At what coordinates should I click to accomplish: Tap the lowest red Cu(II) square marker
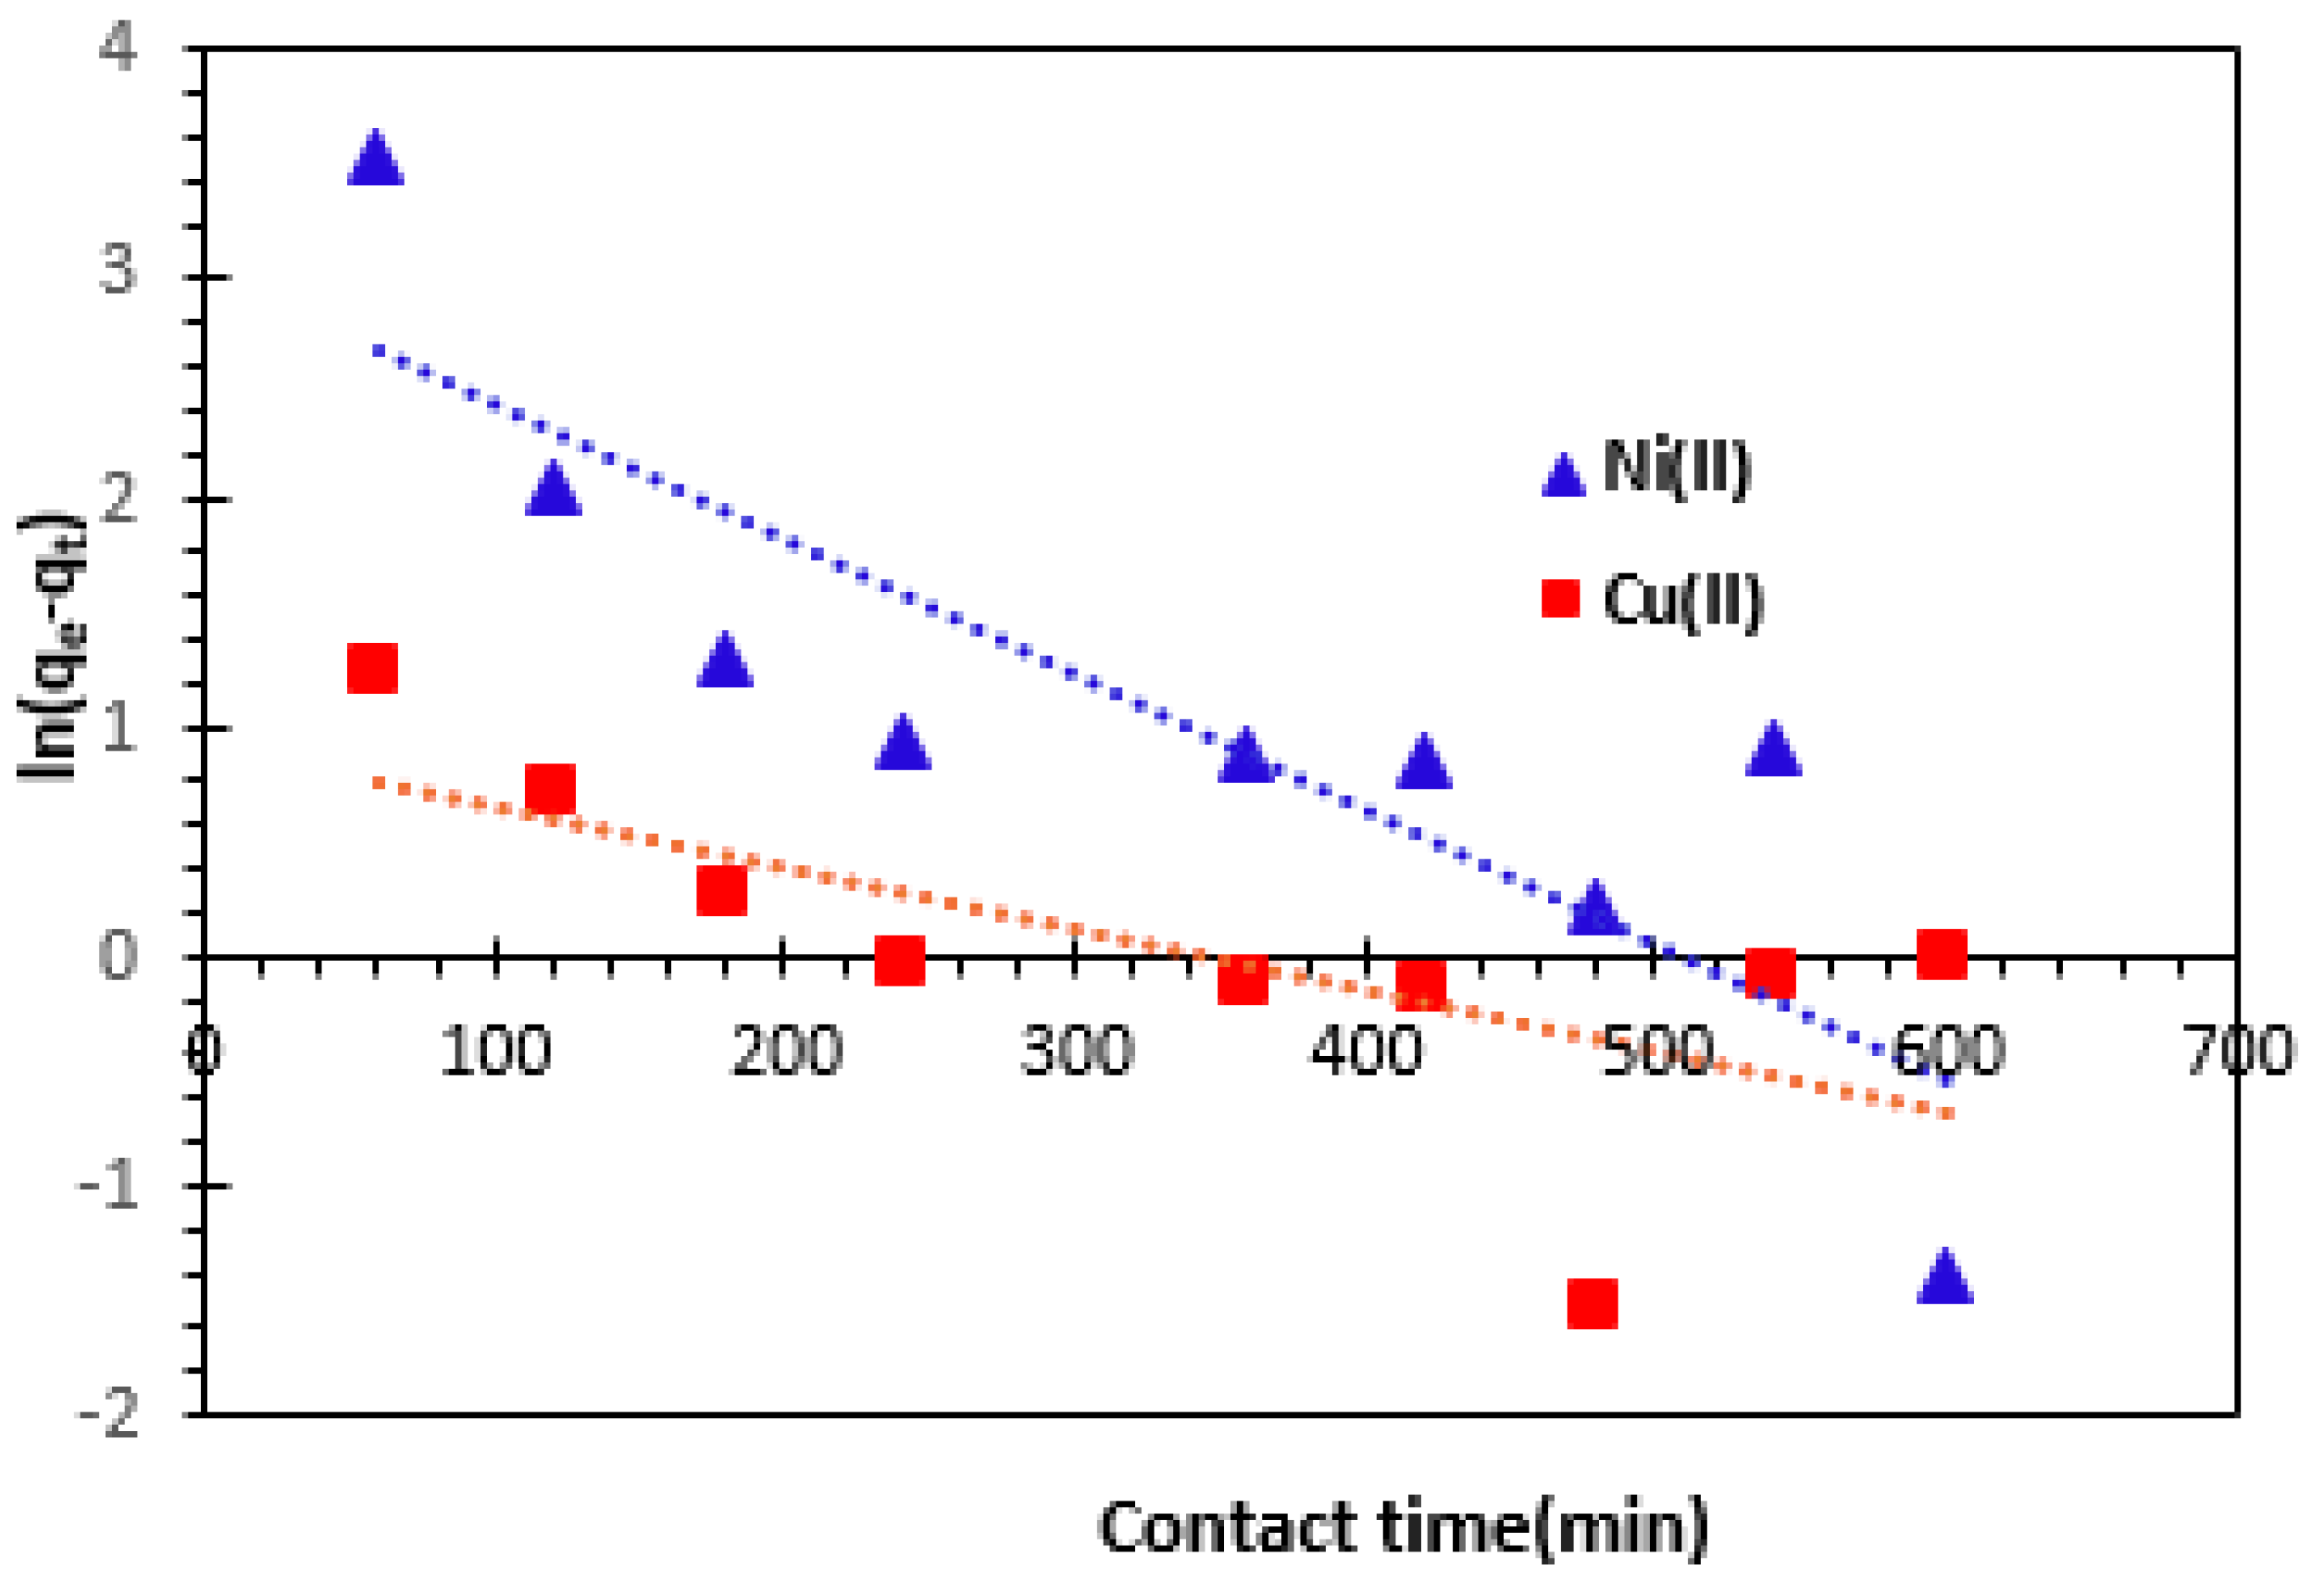point(1591,1304)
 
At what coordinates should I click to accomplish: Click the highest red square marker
point(372,668)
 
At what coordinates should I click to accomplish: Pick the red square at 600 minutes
point(1942,954)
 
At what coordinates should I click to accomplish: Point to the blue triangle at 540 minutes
point(1773,752)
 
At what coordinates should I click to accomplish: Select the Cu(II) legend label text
point(1684,601)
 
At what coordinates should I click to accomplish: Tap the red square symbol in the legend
point(1561,599)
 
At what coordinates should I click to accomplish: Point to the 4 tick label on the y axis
point(118,47)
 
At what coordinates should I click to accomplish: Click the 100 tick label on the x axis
point(495,1051)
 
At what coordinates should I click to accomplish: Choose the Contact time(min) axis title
point(1402,1526)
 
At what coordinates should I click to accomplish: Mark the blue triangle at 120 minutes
point(553,491)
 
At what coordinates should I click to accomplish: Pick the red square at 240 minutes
point(899,960)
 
